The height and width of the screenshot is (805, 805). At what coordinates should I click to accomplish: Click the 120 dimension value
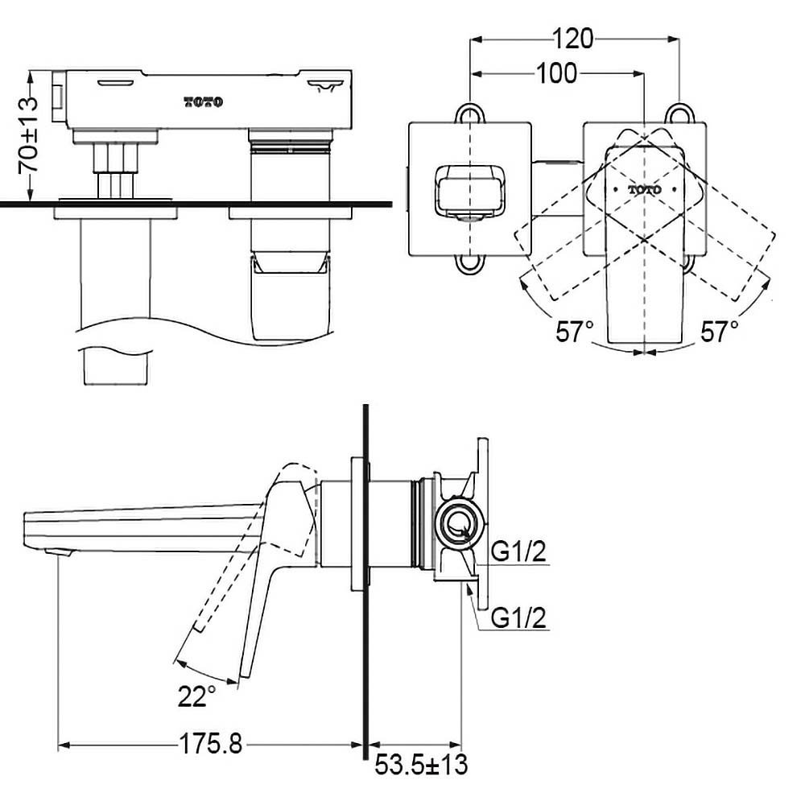click(x=573, y=39)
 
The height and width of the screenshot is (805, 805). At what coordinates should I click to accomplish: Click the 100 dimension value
click(x=557, y=74)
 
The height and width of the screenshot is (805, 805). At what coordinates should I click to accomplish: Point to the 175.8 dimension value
click(x=211, y=743)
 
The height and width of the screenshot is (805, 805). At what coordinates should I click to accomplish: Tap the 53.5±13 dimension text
click(x=421, y=765)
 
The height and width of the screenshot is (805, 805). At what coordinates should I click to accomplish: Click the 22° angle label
click(x=196, y=696)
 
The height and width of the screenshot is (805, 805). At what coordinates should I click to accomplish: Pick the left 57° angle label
click(x=575, y=331)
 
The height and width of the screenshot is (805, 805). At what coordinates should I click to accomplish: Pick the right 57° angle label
click(x=720, y=331)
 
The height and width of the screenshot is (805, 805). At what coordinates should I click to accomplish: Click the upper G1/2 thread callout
click(x=518, y=552)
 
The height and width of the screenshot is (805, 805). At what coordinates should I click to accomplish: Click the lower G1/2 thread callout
click(x=518, y=617)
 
